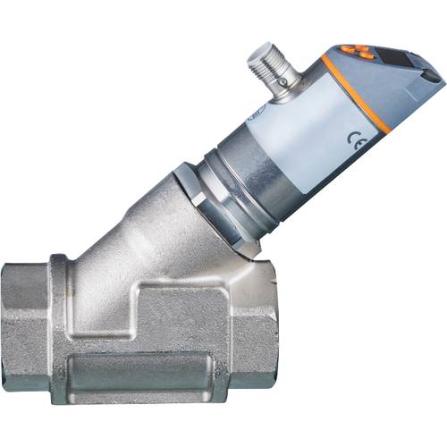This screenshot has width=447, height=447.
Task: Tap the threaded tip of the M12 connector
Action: pyautogui.click(x=265, y=55)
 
